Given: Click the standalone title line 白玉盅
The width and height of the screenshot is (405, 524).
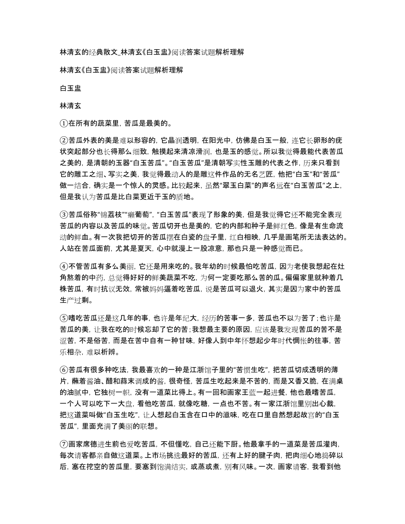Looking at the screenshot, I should pyautogui.click(x=70, y=88).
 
